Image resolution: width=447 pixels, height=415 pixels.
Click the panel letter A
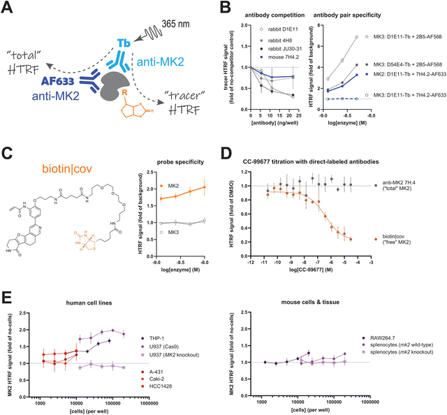click(x=9, y=10)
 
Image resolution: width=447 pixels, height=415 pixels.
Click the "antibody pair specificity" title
click(x=379, y=15)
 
